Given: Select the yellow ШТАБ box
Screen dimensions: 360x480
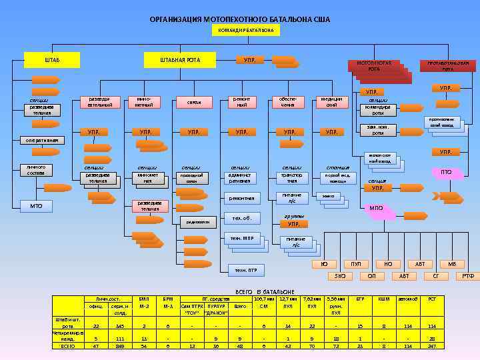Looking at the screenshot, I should tap(52, 61).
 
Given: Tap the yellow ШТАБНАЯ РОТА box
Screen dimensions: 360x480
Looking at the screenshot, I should tap(179, 61).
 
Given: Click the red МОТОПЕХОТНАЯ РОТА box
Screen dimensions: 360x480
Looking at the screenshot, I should tap(373, 66).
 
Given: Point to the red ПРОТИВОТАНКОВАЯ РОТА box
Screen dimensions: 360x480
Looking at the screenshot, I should tap(447, 66).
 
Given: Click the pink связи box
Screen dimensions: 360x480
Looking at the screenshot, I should tap(194, 103).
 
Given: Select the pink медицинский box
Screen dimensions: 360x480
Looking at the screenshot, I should tap(331, 102).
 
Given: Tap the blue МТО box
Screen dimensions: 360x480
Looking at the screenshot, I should tap(36, 206).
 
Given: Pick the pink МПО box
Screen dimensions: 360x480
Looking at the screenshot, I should tap(376, 209).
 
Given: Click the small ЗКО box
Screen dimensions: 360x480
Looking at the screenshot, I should tap(340, 275).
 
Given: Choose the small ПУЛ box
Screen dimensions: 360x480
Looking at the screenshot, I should tap(356, 265).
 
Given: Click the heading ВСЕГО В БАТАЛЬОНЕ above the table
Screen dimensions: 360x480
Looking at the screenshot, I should tap(265, 292).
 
